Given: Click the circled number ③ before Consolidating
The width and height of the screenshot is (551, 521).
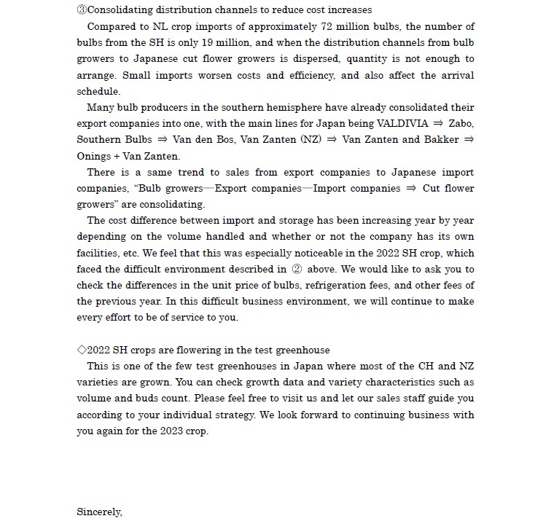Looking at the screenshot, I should [x=81, y=10].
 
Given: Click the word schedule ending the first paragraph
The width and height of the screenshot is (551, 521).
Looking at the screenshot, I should [x=98, y=92].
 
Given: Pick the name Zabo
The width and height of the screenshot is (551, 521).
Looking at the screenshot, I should [x=461, y=124].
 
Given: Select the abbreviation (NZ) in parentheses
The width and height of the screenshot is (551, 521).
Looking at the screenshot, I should [x=310, y=140].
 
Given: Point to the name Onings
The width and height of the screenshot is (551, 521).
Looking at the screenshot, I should [x=93, y=156].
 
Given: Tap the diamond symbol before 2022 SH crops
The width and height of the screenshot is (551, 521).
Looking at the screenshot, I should [x=81, y=350].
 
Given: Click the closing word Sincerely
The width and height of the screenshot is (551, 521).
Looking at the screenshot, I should [x=99, y=512].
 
